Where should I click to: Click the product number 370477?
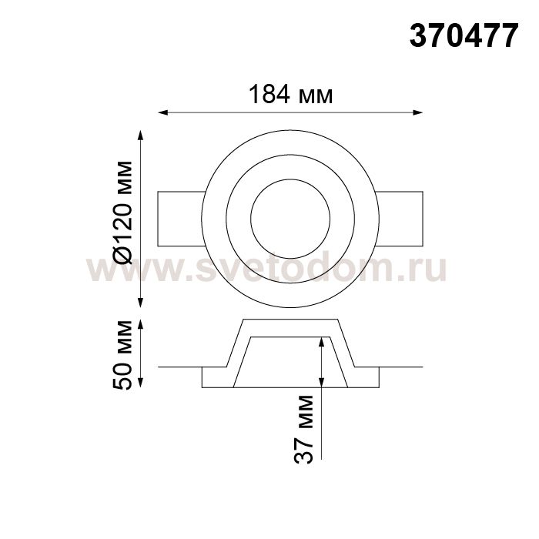[464, 35]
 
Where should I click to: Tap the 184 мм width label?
[290, 94]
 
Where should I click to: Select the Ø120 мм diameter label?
[122, 213]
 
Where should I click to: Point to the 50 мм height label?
[122, 355]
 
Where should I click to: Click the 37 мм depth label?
[303, 429]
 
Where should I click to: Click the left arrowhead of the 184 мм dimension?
[162, 112]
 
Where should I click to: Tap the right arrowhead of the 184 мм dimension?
[418, 112]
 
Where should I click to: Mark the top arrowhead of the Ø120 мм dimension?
[140, 135]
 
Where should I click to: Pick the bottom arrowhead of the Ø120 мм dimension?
[140, 303]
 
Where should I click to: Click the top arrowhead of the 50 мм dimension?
[140, 325]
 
